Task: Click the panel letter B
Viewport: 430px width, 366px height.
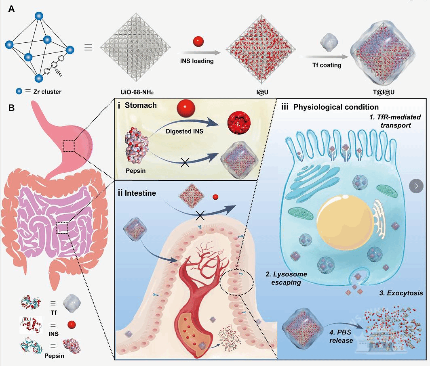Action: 12,108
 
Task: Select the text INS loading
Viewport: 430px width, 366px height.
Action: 197,61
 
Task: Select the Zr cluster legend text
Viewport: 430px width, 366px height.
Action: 44,92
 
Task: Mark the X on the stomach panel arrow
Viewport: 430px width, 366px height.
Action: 185,163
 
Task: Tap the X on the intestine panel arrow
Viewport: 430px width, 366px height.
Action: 200,216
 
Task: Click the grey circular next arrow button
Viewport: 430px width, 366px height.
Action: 416,186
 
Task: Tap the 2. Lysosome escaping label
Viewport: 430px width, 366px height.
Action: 286,278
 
